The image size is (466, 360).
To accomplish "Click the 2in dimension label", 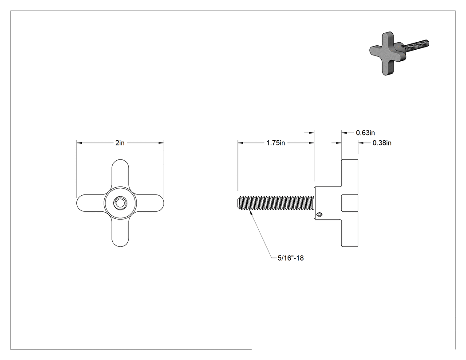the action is tap(120, 143).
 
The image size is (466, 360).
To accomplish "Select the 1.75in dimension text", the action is tap(276, 143).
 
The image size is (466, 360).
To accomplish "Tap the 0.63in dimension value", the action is tap(365, 133).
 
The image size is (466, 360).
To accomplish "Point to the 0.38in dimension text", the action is tap(382, 143).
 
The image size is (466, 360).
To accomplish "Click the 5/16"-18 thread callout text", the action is tap(291, 258).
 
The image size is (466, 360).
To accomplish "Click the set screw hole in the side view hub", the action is tap(320, 215).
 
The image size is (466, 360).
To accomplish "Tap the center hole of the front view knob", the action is tap(120, 203).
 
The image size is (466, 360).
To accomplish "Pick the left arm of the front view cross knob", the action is tap(91, 203).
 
